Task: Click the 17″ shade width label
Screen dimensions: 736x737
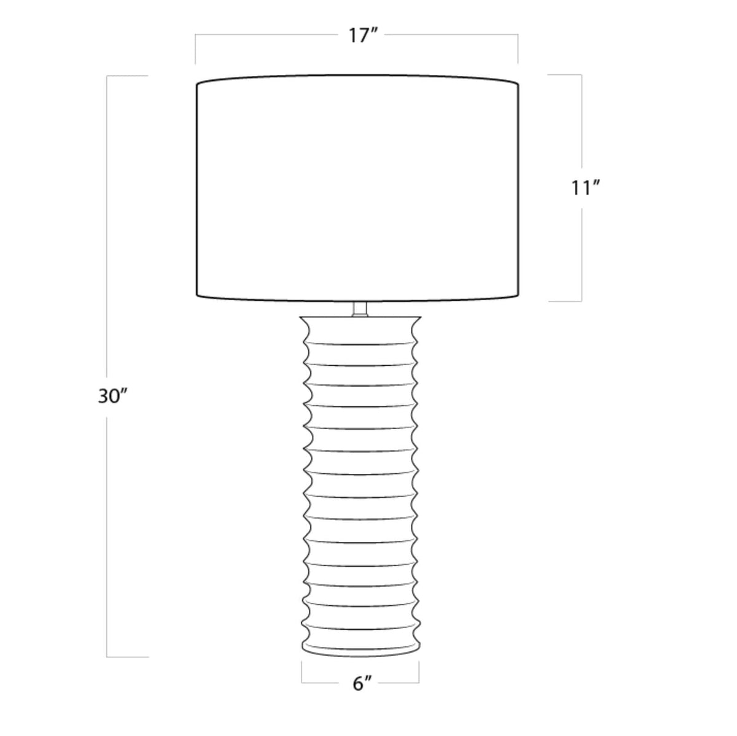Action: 362,36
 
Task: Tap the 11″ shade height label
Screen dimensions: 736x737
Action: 585,188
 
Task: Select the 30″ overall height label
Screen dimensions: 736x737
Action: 112,397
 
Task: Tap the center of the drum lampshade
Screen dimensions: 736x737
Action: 357,189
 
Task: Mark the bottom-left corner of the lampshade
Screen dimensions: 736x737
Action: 197,296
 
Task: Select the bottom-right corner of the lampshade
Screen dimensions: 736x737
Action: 518,296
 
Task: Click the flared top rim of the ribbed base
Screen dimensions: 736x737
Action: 360,321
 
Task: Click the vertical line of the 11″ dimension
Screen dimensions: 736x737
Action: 581,123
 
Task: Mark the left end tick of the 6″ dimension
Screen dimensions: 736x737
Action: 302,673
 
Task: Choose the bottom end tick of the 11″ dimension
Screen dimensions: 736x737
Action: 565,301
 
